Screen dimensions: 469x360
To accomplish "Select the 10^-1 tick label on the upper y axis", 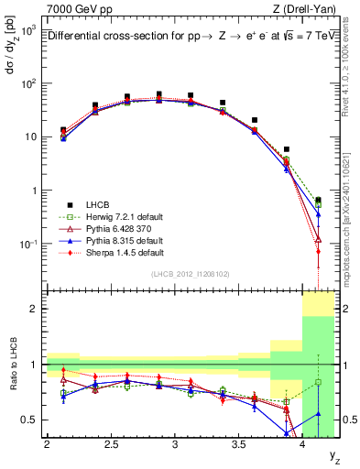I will pos(27,245).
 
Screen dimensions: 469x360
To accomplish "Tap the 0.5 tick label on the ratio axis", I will pos(29,420).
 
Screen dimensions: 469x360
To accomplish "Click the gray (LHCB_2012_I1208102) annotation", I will pos(190,273).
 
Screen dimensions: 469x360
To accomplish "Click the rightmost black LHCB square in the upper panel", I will pos(318,200).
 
